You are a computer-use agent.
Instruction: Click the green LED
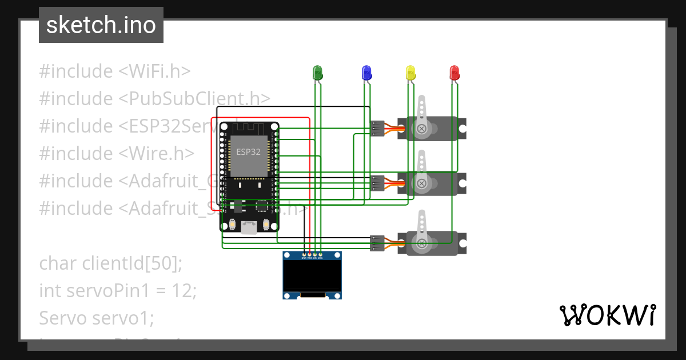(x=318, y=73)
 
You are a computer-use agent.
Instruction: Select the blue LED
(x=366, y=73)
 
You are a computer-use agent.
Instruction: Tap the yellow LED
(x=410, y=73)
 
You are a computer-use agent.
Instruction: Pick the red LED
(x=454, y=73)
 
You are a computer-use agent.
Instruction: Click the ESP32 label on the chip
(x=249, y=152)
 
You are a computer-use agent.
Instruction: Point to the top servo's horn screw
(x=421, y=129)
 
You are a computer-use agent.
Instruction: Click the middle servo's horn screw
(x=421, y=183)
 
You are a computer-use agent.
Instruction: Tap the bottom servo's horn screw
(x=422, y=244)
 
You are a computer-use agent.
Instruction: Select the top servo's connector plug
(x=377, y=129)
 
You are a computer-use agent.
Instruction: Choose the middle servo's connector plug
(x=377, y=183)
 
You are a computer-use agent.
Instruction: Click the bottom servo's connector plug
(x=377, y=243)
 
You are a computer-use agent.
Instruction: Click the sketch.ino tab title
(x=101, y=25)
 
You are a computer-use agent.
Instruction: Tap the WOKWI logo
(x=608, y=315)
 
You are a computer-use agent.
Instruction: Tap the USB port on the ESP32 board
(x=249, y=227)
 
